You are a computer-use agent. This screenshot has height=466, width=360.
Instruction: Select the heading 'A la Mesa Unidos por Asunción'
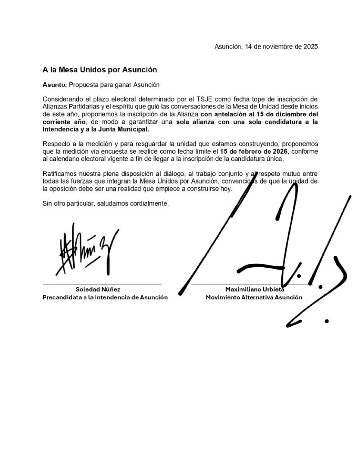(x=99, y=70)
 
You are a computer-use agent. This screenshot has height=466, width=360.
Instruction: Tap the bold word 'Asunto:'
(x=54, y=85)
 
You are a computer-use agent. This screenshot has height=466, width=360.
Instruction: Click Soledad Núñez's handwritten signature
(x=85, y=252)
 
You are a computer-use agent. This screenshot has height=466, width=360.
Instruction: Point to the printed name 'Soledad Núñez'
(x=98, y=290)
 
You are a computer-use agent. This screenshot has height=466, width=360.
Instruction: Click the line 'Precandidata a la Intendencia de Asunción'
(x=105, y=297)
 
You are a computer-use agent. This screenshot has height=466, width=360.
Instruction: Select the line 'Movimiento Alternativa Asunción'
(x=254, y=297)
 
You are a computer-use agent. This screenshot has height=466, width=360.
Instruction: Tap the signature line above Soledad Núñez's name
(x=102, y=284)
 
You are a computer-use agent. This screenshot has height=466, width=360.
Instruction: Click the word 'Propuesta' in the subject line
(x=83, y=85)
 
